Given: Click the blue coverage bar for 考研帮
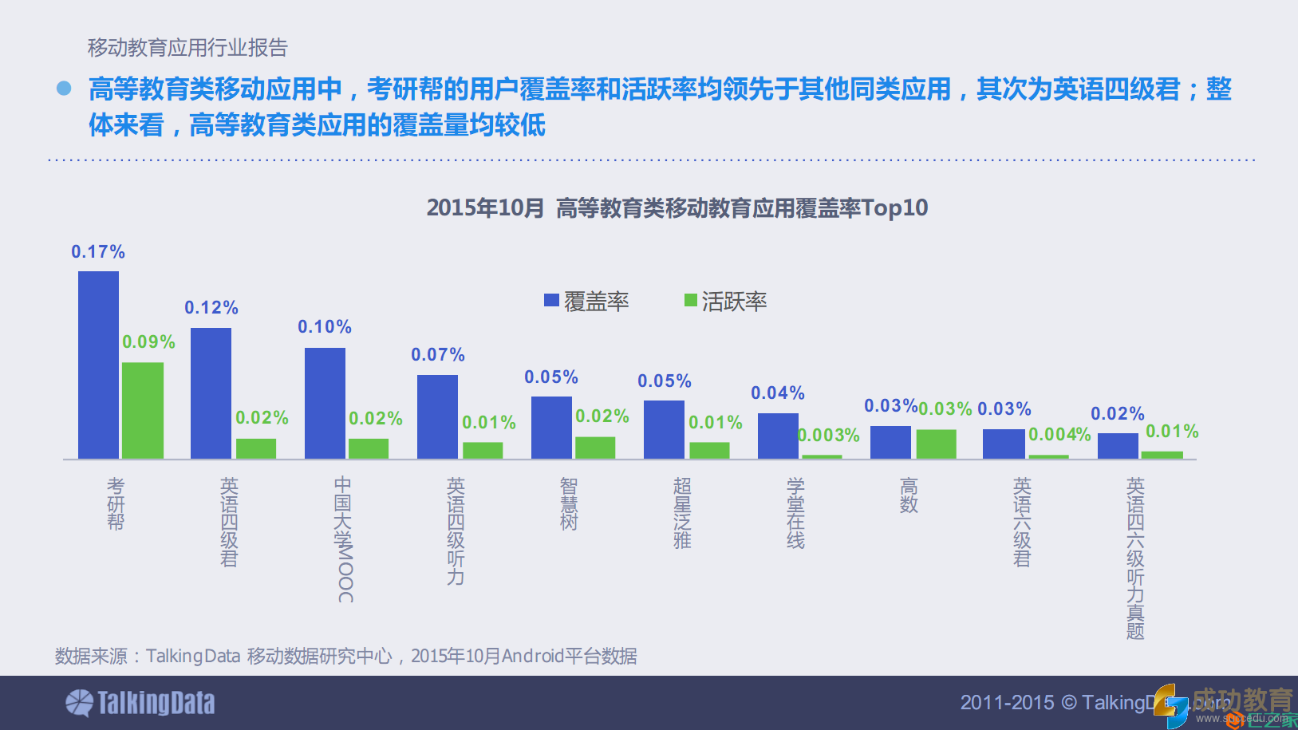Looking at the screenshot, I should pos(98,365).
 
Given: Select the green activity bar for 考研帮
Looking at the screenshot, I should pos(143,410).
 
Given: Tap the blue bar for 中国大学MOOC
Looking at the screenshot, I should pos(325,403).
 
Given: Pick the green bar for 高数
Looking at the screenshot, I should pos(936,444).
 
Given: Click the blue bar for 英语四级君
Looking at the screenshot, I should pos(211,393).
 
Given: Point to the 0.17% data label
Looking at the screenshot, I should pos(98,252).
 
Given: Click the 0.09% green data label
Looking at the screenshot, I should pos(148,342).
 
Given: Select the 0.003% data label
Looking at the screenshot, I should pos(829,436).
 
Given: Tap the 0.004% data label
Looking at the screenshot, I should pos(1059,435).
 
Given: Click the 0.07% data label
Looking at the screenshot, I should pos(438,355).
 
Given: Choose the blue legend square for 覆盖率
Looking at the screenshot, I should pos(551,300).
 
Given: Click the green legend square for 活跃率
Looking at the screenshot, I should pos(691,300).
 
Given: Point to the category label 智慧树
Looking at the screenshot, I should pos(569,504).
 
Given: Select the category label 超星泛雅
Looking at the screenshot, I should pos(682,513).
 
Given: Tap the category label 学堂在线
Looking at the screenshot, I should pos(795,513).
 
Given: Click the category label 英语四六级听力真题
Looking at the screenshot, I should pos(1135,558).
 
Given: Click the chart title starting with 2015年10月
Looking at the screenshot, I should pos(677,208).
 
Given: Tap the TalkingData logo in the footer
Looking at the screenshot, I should pos(140,703).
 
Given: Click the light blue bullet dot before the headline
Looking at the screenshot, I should pos(64,89).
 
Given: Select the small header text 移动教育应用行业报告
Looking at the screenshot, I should pos(187,48).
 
